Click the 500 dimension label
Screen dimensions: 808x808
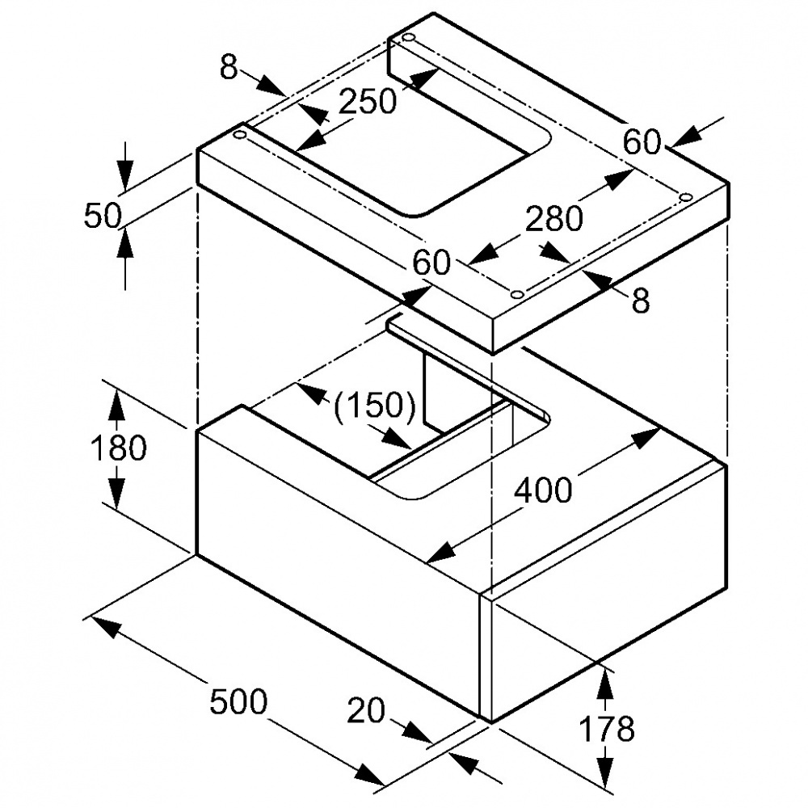point(238,701)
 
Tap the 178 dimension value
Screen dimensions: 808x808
point(607,729)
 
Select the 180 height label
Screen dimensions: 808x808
point(118,448)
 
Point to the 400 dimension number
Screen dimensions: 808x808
point(542,490)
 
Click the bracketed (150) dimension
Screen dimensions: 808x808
point(375,405)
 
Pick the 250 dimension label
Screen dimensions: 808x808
point(368,102)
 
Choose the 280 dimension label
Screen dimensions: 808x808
point(553,218)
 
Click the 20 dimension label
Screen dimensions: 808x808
point(366,711)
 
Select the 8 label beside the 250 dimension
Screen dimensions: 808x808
point(229,69)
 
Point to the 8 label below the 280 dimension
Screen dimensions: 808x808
point(640,301)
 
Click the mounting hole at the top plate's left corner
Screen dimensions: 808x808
point(239,136)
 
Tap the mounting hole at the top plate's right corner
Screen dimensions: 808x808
point(685,197)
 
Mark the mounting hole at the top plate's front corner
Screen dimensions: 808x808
point(517,292)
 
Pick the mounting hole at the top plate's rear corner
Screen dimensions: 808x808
point(408,39)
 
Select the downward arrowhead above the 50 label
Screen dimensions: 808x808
point(125,174)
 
